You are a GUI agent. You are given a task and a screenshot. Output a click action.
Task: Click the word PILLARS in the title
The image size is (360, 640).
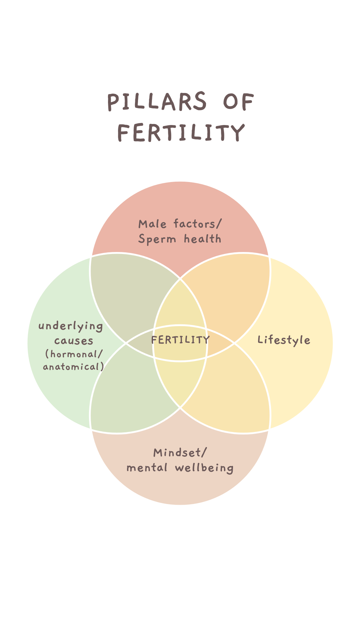coord(157,102)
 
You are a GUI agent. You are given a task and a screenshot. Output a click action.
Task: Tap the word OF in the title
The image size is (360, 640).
coord(238,102)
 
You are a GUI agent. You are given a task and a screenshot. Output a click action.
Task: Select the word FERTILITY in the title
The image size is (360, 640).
coord(181,132)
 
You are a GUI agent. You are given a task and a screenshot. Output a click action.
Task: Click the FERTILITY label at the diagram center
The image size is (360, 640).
coord(180,340)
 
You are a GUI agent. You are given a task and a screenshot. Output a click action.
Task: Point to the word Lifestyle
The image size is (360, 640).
coord(284,340)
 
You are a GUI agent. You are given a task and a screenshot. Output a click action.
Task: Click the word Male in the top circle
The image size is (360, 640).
coord(152,224)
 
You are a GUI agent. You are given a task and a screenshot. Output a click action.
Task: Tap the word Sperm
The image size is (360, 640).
coord(157,239)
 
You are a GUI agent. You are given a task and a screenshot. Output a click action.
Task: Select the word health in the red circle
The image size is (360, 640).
coord(202,239)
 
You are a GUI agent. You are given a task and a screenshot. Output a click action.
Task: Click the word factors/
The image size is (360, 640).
coord(197,224)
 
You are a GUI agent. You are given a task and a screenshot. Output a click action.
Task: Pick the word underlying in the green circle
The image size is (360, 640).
coord(71,326)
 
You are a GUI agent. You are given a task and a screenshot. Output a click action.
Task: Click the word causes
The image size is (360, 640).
coord(74,341)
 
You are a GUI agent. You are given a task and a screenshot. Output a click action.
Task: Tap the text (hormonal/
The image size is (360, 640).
coord(74,354)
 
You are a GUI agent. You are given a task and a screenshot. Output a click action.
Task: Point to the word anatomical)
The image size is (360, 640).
coord(73,367)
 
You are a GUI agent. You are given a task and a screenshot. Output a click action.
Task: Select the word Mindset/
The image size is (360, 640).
coord(180,453)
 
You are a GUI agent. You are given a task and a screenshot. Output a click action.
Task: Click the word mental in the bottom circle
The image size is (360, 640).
coord(147,468)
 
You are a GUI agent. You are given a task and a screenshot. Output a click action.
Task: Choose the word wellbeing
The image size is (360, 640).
coord(204,468)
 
